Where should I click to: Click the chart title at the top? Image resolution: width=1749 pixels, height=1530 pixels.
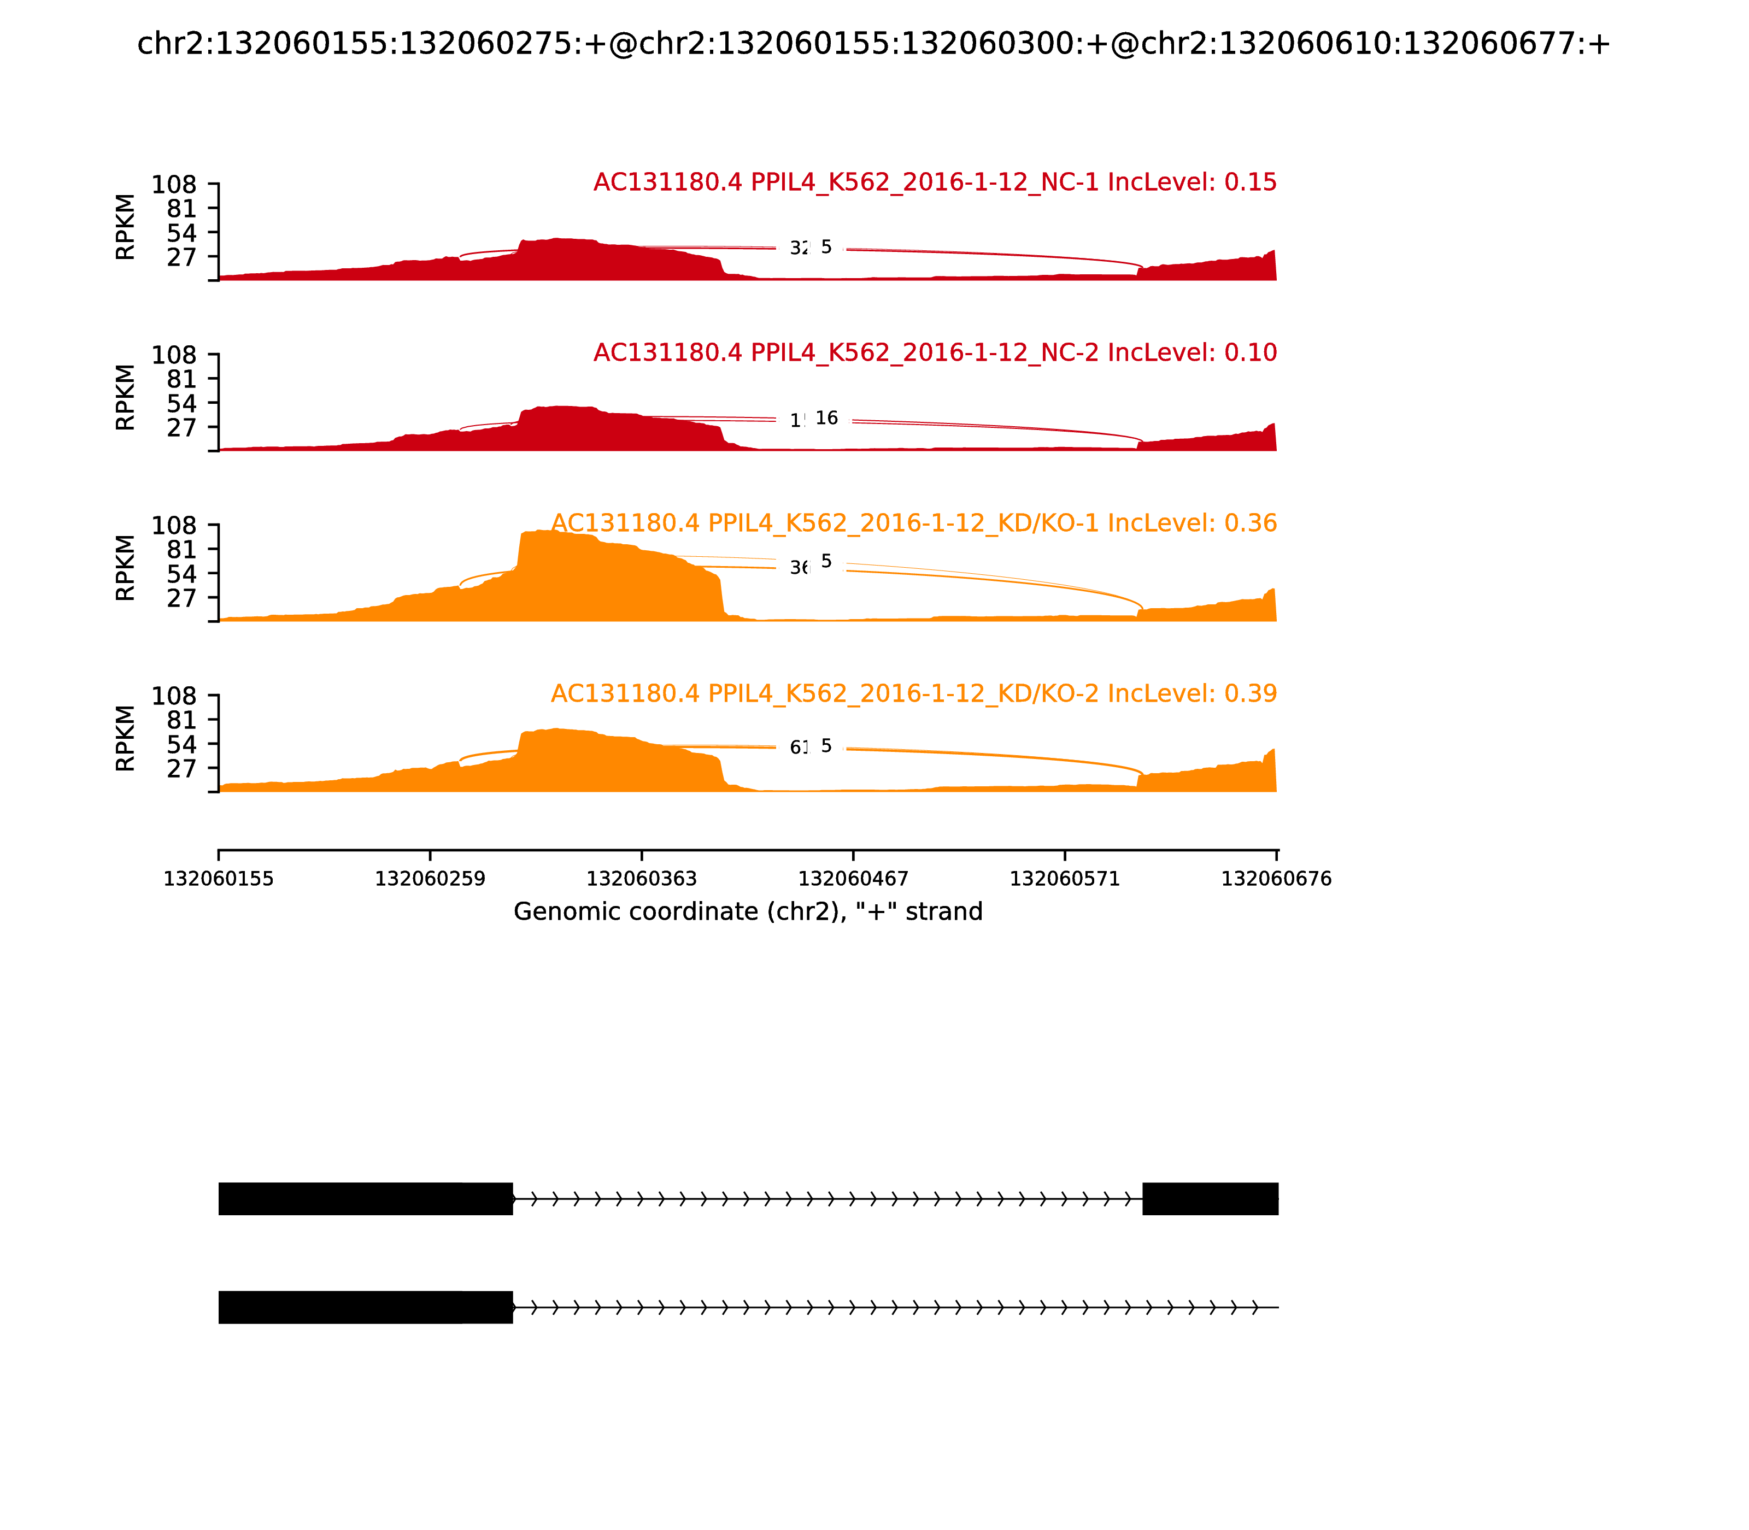click(x=873, y=44)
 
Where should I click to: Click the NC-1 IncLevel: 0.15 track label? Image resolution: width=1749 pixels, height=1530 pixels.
click(x=934, y=182)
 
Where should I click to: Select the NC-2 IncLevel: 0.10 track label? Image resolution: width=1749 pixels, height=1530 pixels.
click(x=934, y=352)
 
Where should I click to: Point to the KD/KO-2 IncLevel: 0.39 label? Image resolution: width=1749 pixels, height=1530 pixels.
click(x=914, y=693)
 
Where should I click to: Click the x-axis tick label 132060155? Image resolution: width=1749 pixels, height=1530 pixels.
click(x=219, y=879)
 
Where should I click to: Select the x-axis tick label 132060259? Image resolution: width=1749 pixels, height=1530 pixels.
click(x=430, y=879)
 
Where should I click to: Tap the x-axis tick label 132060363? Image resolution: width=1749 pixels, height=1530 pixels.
click(x=641, y=879)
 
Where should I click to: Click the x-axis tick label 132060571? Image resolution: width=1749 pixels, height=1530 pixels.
click(x=1064, y=879)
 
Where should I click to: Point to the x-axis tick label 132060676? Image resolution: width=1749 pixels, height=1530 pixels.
click(x=1276, y=879)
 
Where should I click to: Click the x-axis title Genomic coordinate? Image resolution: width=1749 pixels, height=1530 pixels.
click(x=748, y=912)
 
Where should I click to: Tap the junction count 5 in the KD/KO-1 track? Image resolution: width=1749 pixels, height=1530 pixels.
click(x=826, y=561)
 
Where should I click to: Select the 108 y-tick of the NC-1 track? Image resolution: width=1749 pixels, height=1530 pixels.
click(x=174, y=185)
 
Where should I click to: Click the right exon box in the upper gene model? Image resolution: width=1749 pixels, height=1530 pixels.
click(x=1210, y=1199)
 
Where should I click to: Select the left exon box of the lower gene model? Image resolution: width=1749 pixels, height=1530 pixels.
click(x=366, y=1307)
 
